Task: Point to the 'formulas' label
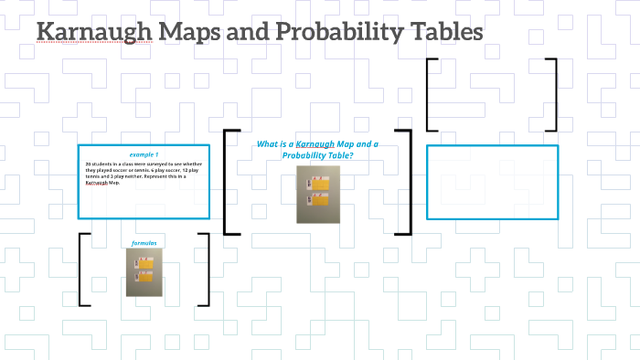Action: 144,243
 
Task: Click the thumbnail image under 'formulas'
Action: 144,272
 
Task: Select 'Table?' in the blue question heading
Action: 336,155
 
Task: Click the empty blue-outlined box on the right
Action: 492,182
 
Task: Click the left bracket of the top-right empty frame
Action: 431,95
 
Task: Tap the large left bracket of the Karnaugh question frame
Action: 227,182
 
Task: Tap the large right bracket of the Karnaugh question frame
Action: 409,182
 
